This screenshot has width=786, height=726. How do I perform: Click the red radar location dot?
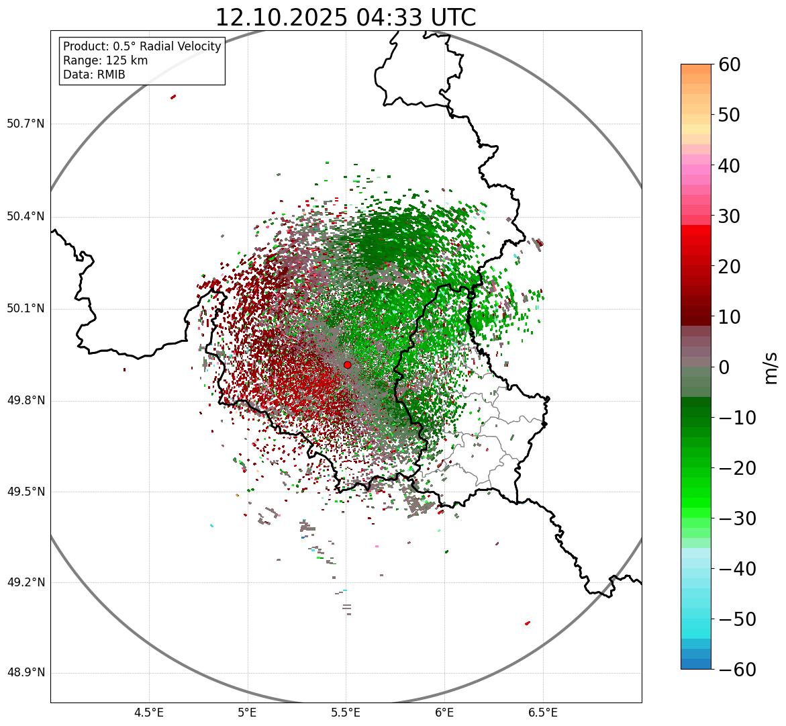pyautogui.click(x=347, y=365)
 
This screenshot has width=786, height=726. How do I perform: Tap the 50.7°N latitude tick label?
pyautogui.click(x=26, y=124)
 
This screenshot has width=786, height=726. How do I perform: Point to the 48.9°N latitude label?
pyautogui.click(x=26, y=673)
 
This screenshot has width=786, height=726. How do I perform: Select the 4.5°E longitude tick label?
pyautogui.click(x=149, y=712)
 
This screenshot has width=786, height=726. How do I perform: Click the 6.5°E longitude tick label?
pyautogui.click(x=542, y=712)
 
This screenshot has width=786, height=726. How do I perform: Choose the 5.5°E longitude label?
pyautogui.click(x=346, y=712)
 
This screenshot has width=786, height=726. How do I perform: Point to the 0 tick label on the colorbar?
pyautogui.click(x=724, y=367)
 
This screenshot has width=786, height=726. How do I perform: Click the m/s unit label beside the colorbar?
pyautogui.click(x=771, y=367)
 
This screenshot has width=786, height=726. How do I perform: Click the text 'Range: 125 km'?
pyautogui.click(x=105, y=60)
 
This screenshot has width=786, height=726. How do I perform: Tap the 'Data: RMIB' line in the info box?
pyautogui.click(x=94, y=75)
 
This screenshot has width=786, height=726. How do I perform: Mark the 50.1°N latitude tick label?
pyautogui.click(x=26, y=308)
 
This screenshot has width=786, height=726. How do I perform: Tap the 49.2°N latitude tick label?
pyautogui.click(x=26, y=582)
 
